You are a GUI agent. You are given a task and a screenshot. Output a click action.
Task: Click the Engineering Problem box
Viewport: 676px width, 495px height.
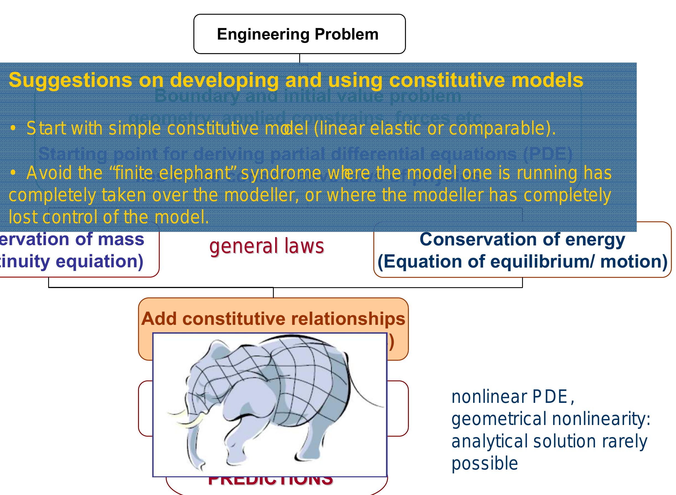[299, 34]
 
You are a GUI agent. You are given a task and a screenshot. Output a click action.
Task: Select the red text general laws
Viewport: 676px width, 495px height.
[267, 246]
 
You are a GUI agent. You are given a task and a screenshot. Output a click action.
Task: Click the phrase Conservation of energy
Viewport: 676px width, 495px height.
[522, 239]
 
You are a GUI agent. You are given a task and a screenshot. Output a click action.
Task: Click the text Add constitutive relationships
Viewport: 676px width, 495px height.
[273, 318]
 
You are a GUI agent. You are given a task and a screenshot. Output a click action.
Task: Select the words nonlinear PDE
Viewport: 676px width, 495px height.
[510, 397]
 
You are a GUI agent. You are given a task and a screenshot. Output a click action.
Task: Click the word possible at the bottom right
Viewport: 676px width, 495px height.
[485, 463]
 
